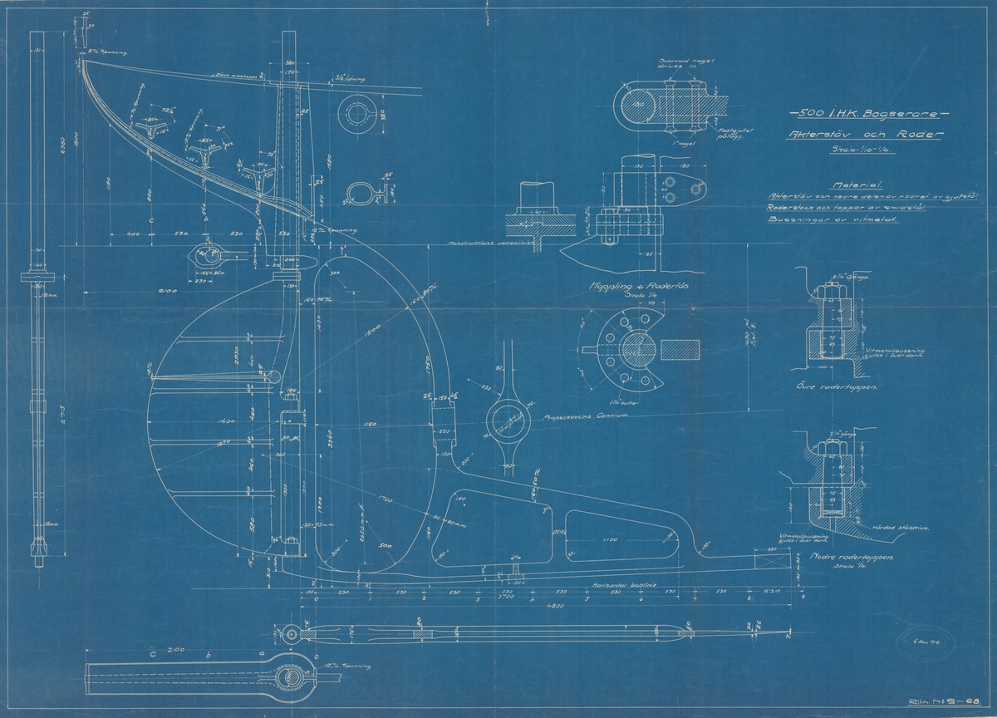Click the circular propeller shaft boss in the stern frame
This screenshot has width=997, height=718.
pyautogui.click(x=507, y=423)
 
